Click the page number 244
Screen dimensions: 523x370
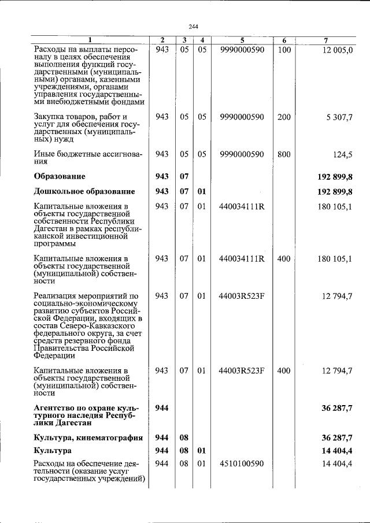(x=193, y=25)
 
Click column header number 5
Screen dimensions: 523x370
(x=242, y=40)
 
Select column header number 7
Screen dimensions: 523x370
(x=326, y=40)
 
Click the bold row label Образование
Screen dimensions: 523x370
(x=60, y=176)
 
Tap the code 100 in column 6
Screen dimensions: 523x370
(x=284, y=50)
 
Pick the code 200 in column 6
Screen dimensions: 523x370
(x=284, y=117)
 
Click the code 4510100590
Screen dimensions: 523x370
(x=242, y=463)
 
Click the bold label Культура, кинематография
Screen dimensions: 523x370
(x=88, y=438)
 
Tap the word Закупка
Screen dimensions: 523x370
(x=50, y=117)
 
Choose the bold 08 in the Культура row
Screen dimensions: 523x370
(x=184, y=450)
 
